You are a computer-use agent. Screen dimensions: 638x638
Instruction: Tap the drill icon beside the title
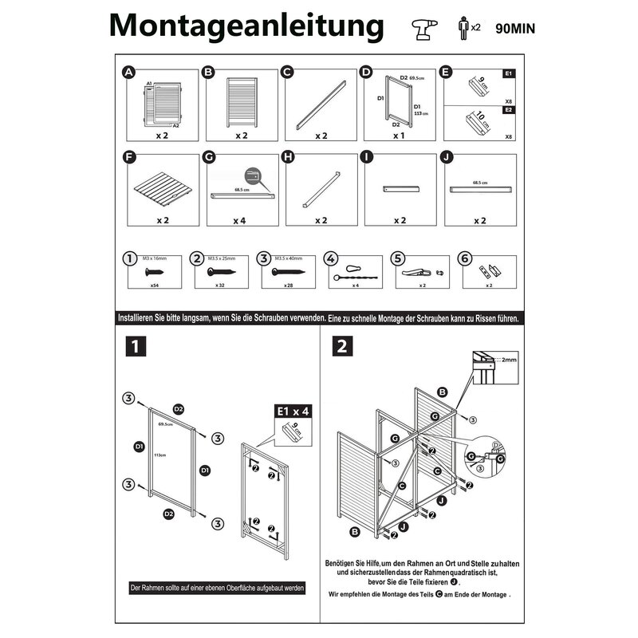click(x=421, y=28)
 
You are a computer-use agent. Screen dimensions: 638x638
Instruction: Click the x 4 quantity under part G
click(x=239, y=220)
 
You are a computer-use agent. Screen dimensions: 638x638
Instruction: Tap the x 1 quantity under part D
click(x=399, y=136)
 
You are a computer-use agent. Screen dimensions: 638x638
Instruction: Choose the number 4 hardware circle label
click(x=331, y=259)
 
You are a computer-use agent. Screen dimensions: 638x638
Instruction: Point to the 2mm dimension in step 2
click(x=507, y=360)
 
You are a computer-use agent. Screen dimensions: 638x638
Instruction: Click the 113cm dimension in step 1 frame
click(x=160, y=455)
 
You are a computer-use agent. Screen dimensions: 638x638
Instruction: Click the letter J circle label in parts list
click(x=447, y=158)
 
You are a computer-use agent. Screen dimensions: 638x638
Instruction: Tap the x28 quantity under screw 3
click(x=289, y=285)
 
